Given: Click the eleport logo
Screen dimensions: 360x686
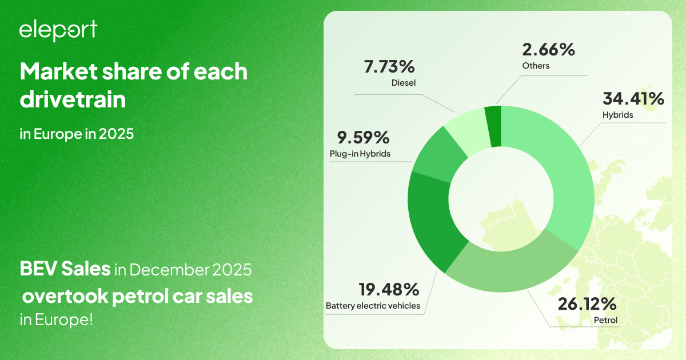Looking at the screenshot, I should (x=58, y=30).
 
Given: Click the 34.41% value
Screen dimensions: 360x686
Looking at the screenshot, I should (x=633, y=99).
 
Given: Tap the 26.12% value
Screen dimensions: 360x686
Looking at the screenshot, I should (x=587, y=304).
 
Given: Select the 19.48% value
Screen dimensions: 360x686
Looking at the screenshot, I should (x=389, y=289).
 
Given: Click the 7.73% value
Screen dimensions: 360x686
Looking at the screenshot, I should (x=389, y=67).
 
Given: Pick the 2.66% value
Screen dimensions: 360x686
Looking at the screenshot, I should (x=548, y=50).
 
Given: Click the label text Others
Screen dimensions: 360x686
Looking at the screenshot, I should (x=536, y=66).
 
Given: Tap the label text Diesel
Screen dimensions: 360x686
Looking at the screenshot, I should (x=404, y=83).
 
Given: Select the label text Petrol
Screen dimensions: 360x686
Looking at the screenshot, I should (x=606, y=320).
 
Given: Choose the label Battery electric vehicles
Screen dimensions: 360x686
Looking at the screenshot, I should (x=373, y=306).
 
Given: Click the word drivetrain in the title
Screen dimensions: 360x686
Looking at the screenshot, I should (x=73, y=99).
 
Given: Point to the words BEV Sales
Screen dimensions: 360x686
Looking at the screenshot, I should (x=65, y=269).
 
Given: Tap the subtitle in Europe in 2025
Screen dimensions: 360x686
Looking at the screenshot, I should (x=77, y=134).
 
